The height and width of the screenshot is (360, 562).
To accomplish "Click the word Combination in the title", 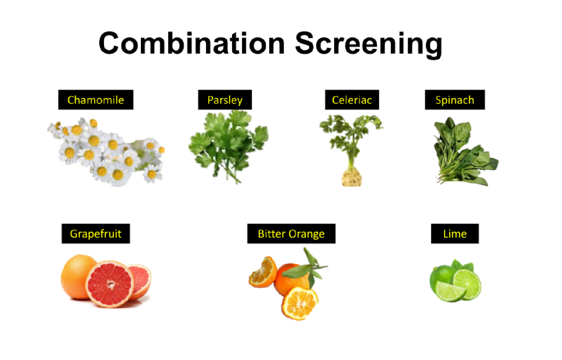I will [x=191, y=44].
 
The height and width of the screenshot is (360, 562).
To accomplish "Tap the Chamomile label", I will [x=96, y=100].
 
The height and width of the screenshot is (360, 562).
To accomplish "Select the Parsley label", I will [x=225, y=100].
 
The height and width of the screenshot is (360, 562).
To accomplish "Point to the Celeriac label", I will [x=352, y=100].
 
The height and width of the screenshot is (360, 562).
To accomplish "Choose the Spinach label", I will [x=455, y=100].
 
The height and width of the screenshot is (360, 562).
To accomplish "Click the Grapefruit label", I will [x=96, y=234].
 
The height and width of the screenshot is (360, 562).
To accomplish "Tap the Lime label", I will [x=455, y=234].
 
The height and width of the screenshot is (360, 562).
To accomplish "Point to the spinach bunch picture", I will [x=463, y=154].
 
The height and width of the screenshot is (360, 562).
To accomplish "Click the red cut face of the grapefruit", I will [x=110, y=284].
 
